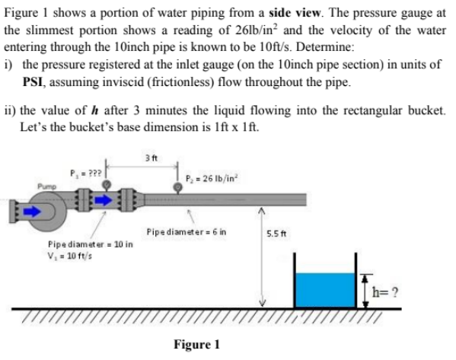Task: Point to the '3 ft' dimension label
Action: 147,158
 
